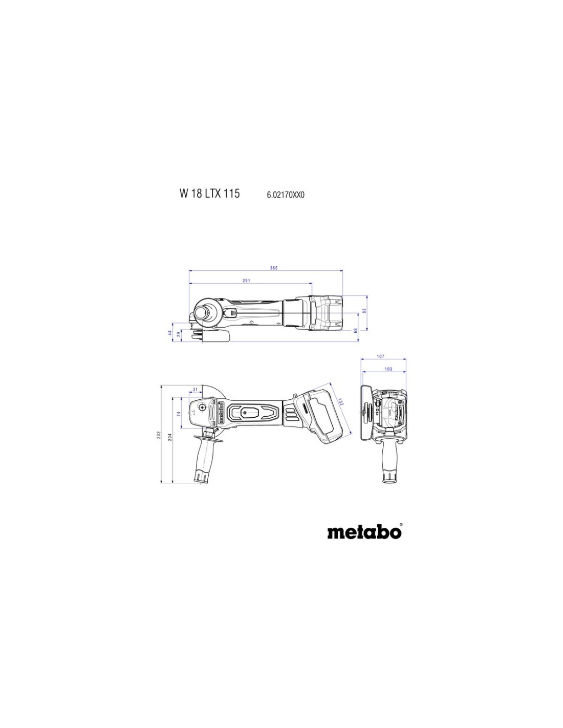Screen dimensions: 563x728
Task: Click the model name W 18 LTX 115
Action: click(210, 194)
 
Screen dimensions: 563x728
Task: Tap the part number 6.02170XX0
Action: click(286, 195)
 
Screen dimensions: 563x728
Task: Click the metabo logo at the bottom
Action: click(364, 532)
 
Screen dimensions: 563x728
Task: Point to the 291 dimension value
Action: click(246, 281)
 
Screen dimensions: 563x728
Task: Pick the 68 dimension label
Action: click(356, 330)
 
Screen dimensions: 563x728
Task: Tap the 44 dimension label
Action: click(170, 333)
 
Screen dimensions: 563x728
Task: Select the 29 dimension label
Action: click(179, 334)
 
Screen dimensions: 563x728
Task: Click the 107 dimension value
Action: click(380, 356)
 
